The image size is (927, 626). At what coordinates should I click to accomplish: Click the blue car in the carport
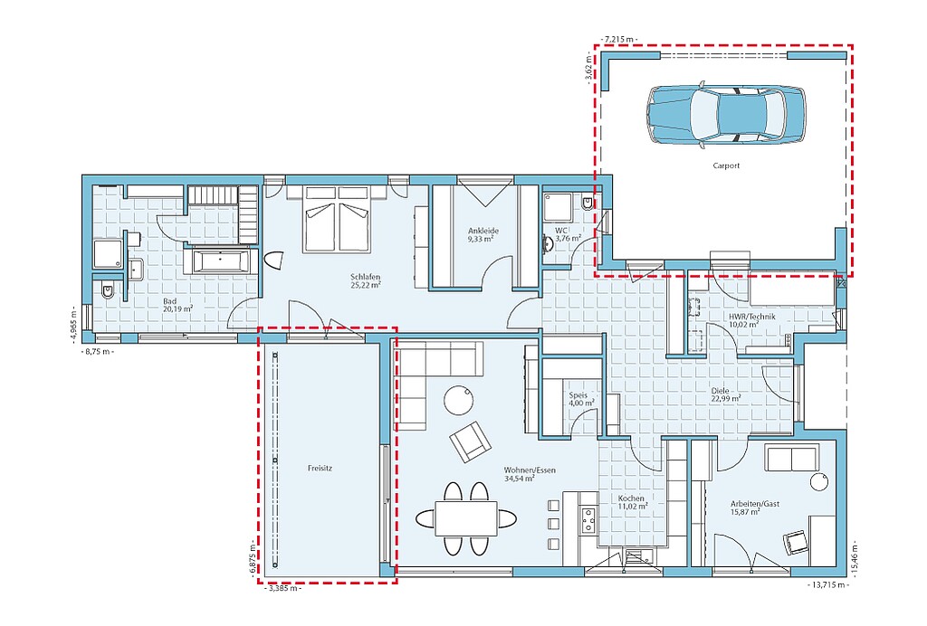(725, 115)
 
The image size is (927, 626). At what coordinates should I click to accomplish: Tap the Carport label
(726, 166)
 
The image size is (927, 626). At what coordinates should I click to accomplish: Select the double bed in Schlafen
(337, 220)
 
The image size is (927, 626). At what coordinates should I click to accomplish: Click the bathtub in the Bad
(220, 261)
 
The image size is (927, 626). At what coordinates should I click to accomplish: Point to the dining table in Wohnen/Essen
(466, 518)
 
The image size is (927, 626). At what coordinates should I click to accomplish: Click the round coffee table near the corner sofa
(459, 401)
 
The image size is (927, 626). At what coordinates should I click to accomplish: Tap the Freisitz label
(320, 469)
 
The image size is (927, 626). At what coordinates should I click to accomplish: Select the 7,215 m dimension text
(619, 39)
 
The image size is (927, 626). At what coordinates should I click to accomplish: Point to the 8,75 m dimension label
(96, 352)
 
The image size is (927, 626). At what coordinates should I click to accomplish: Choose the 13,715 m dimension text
(827, 585)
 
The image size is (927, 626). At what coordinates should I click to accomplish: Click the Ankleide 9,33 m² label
(483, 235)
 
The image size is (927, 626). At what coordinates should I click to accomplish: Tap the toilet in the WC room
(587, 204)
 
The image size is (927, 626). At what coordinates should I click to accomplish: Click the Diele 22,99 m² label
(725, 394)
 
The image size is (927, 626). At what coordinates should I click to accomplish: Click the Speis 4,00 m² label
(582, 399)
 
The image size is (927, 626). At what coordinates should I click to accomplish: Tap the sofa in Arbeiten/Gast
(793, 458)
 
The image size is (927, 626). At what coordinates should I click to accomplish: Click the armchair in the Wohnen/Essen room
(471, 441)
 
